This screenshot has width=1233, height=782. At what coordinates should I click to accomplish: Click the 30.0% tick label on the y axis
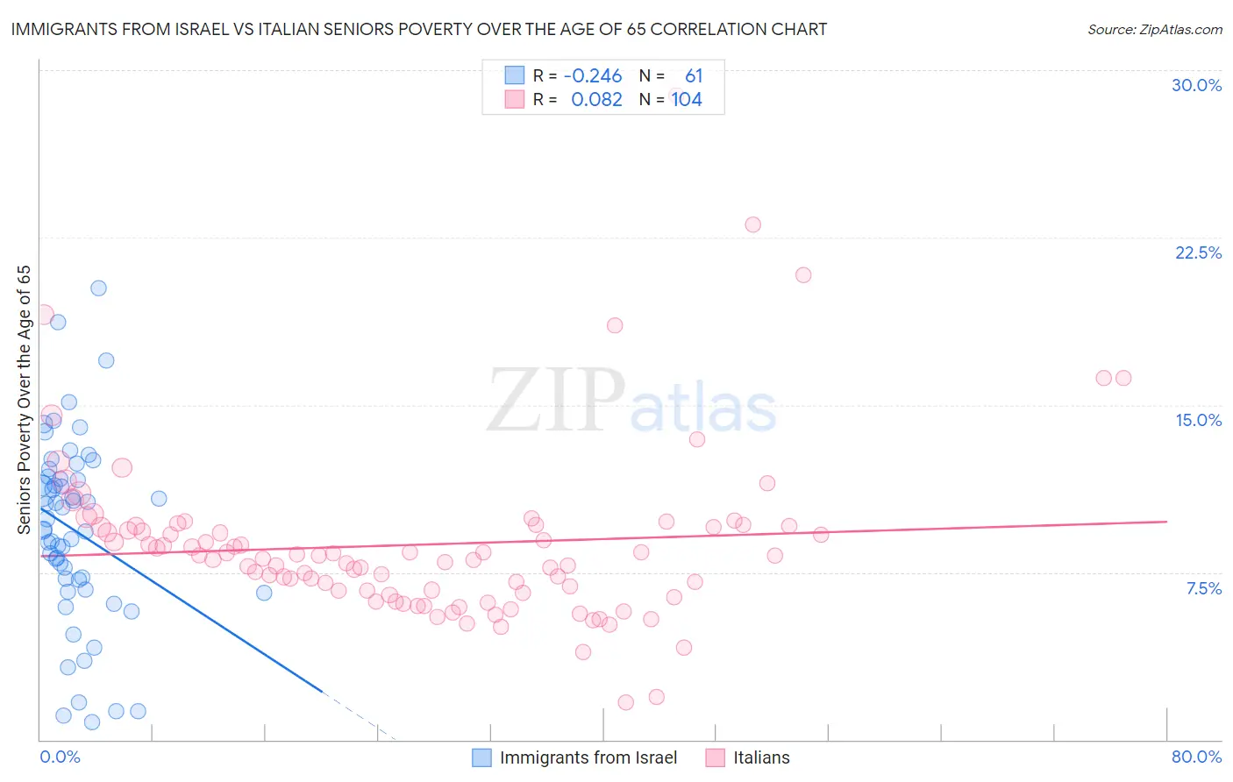click(1196, 85)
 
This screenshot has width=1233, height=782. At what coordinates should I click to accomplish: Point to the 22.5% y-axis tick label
click(1198, 252)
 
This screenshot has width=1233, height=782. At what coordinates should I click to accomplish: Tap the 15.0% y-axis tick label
click(1198, 420)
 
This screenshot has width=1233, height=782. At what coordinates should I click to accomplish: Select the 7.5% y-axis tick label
click(1203, 588)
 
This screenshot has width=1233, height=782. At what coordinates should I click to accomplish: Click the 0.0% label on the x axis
click(60, 757)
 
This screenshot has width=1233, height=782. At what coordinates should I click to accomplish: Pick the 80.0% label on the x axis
click(1196, 757)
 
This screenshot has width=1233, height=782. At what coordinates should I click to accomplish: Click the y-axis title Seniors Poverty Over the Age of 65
click(24, 400)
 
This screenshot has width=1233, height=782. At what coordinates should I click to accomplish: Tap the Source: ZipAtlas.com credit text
click(1154, 29)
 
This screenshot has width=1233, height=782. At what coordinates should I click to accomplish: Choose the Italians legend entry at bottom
click(760, 757)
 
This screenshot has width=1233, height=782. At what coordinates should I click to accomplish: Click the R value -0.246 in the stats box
click(593, 76)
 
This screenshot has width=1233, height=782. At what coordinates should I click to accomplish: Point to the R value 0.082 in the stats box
click(596, 100)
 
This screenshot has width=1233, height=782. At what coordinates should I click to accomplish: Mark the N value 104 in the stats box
click(687, 100)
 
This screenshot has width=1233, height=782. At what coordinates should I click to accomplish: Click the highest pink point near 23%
click(752, 224)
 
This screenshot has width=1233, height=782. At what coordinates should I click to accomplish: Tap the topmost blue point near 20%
click(98, 288)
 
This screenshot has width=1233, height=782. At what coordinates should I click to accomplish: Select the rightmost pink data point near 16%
click(1123, 378)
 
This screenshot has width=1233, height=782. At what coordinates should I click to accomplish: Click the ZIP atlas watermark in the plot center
click(631, 402)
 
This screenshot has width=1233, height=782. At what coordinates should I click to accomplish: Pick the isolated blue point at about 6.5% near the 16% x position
click(264, 593)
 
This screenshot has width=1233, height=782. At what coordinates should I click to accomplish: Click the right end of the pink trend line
click(1166, 522)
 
